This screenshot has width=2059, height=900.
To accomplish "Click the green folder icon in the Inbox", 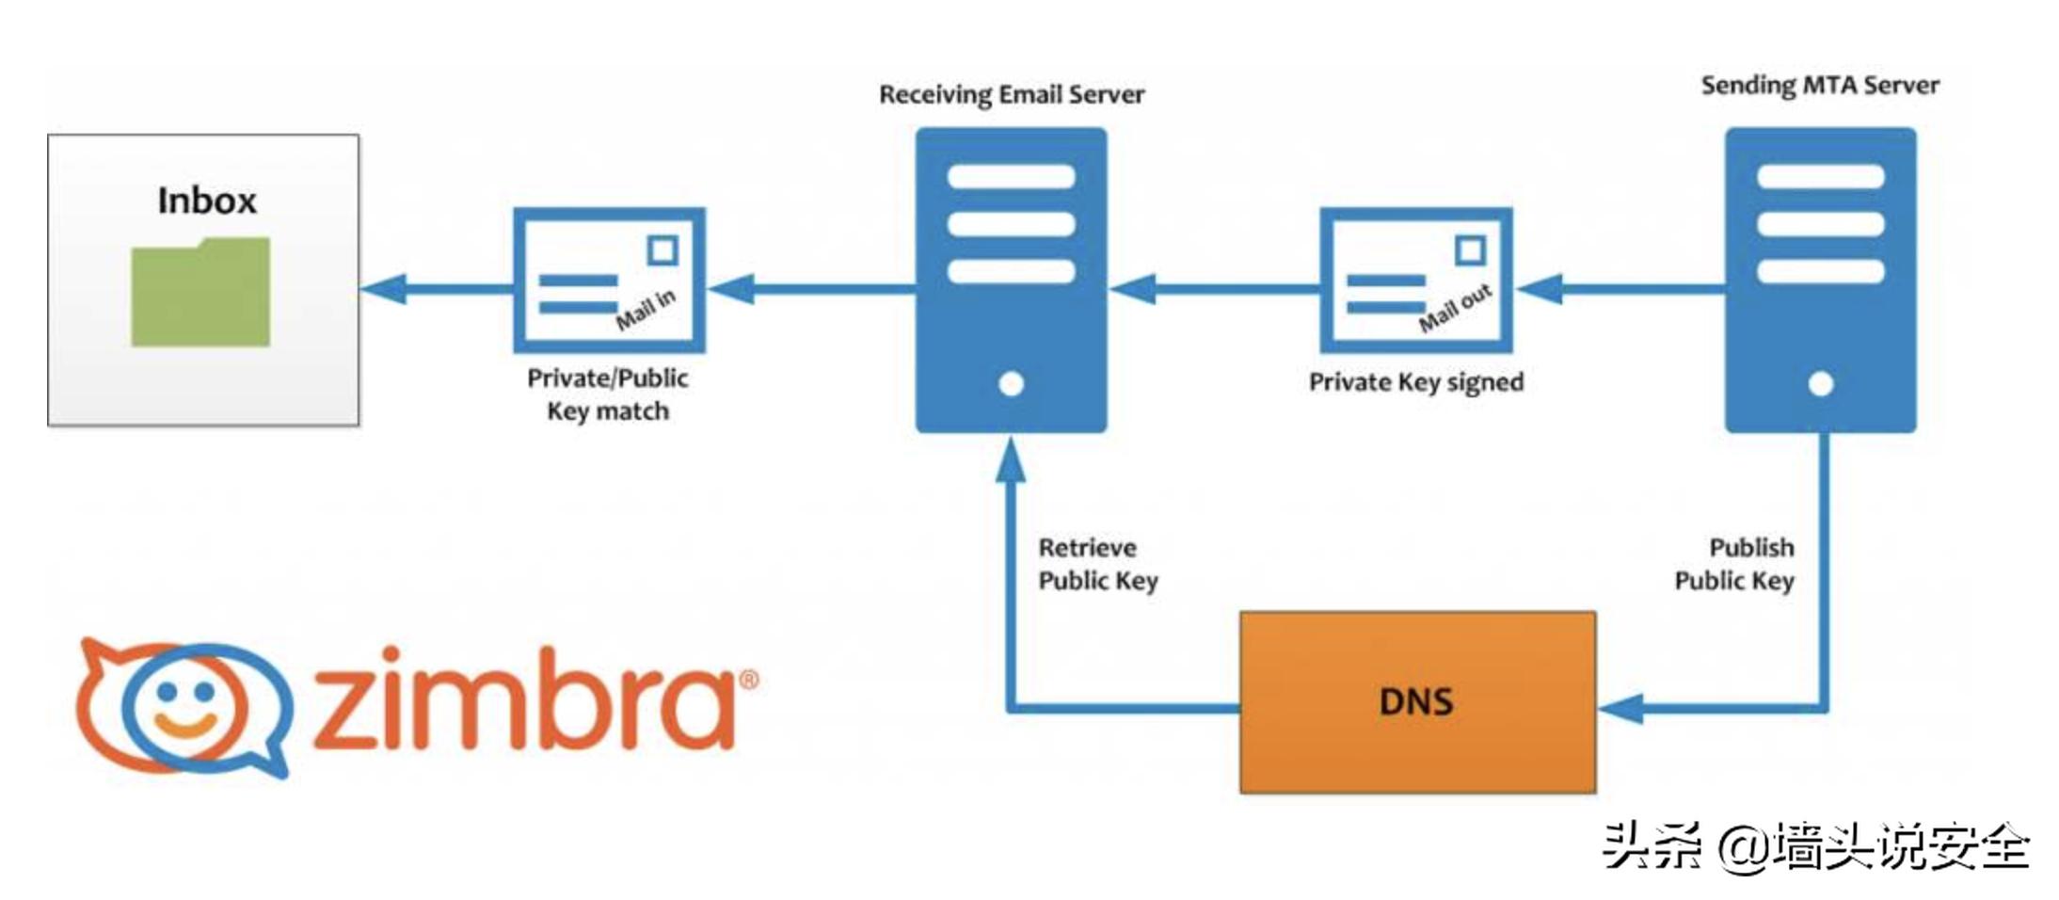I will click(200, 292).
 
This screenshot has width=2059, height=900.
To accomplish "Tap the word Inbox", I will click(206, 201).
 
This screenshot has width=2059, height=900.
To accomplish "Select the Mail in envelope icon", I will click(609, 281).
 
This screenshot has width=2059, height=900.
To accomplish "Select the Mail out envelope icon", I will click(1415, 281).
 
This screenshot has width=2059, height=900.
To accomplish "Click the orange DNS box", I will click(1416, 702).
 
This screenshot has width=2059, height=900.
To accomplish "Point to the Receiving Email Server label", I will click(1011, 94).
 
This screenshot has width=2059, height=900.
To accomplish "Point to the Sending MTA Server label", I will click(1819, 86).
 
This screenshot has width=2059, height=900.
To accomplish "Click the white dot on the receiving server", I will click(1011, 384).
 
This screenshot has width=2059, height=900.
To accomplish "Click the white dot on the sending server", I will click(1820, 384).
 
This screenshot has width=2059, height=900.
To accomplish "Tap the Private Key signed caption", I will click(1415, 382).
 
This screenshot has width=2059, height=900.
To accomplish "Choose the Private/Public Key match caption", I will click(608, 394).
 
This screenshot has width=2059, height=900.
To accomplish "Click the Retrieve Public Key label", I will click(1097, 564).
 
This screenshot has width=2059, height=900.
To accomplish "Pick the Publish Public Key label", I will click(1734, 564).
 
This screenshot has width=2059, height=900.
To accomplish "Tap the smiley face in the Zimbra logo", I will click(185, 707).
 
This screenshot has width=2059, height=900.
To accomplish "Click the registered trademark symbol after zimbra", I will click(748, 680).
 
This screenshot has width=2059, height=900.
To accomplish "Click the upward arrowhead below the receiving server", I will click(1011, 461).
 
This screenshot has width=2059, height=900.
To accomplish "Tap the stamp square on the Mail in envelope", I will click(662, 250).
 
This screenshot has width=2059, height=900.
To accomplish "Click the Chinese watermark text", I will click(1815, 846).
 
